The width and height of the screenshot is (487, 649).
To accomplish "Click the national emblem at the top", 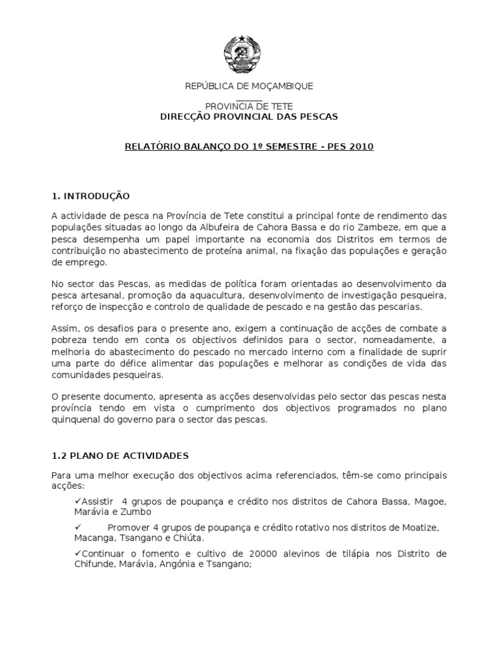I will [x=243, y=53].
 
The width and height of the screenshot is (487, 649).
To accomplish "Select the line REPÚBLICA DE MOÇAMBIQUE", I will [x=249, y=86].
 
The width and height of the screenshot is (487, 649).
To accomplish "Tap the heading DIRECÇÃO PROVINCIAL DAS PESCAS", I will [x=248, y=117].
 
